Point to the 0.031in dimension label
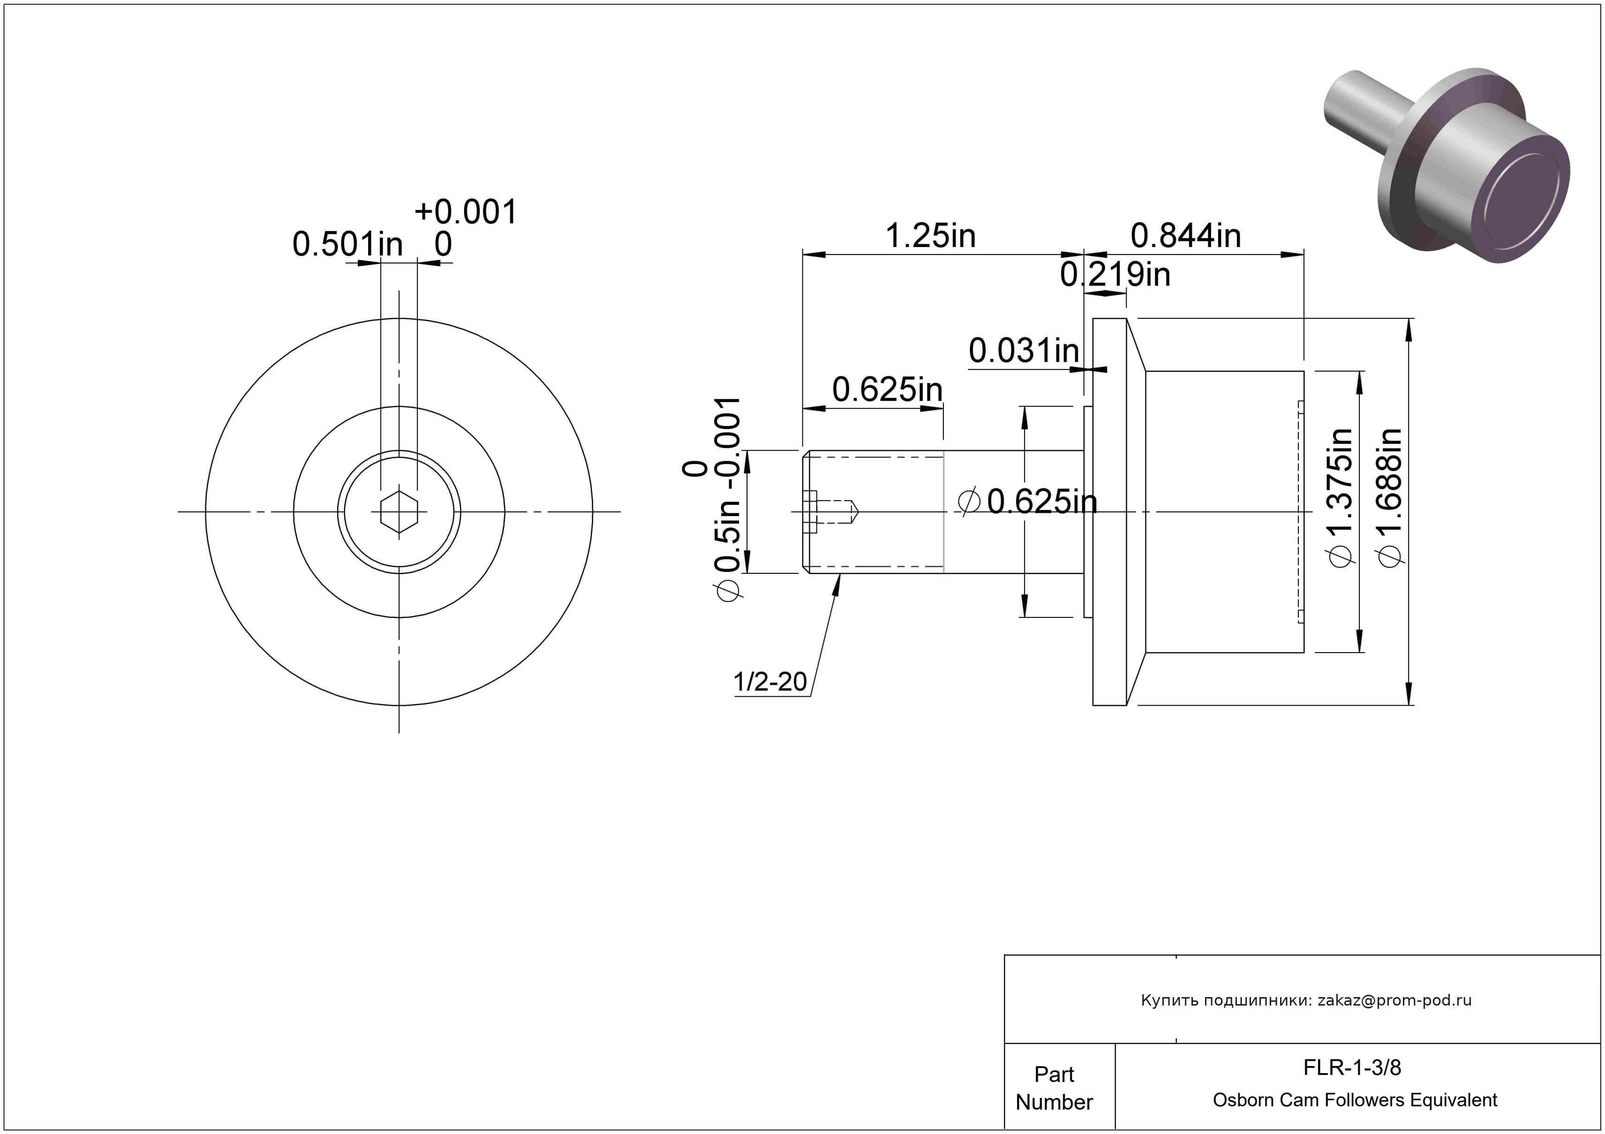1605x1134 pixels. tap(1024, 350)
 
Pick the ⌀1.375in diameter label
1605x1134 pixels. tap(1340, 497)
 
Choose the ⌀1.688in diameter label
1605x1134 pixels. tap(1389, 497)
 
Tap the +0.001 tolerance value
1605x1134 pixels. tap(466, 212)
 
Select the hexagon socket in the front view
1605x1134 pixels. tap(399, 512)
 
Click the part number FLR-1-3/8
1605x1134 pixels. tap(1352, 1067)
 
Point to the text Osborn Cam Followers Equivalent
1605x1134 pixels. tap(1355, 1100)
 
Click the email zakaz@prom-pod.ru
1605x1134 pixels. tap(1394, 1000)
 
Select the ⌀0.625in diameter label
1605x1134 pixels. tap(1028, 501)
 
